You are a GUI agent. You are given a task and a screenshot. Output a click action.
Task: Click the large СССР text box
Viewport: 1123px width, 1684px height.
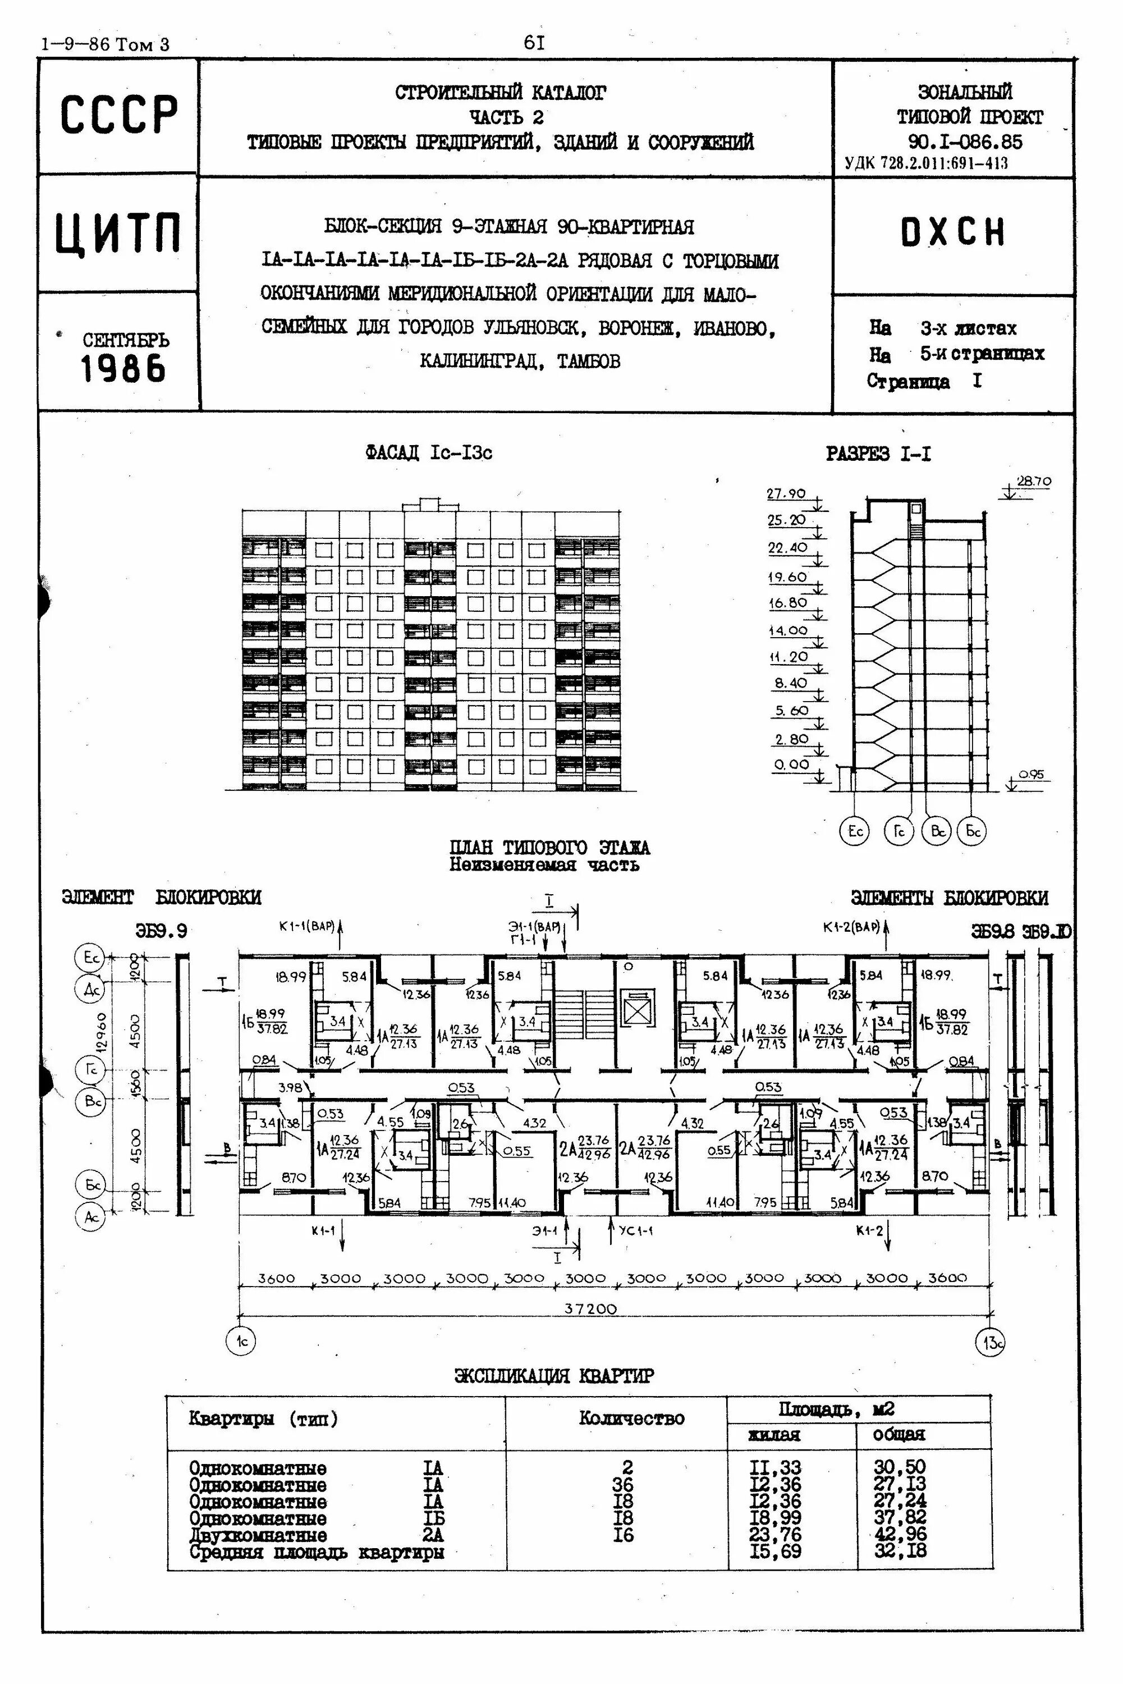(x=118, y=115)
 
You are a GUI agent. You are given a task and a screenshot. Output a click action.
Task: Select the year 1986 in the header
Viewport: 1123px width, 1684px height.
(x=123, y=369)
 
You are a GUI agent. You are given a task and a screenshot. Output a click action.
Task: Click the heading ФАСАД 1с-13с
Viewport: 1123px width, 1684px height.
(x=428, y=452)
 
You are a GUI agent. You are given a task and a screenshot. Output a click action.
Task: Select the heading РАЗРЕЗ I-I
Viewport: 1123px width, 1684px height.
(x=879, y=454)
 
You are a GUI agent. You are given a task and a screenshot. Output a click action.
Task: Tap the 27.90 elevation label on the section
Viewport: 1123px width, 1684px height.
(x=786, y=493)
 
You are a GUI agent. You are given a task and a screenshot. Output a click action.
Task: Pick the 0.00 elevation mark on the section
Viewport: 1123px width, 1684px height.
(x=791, y=765)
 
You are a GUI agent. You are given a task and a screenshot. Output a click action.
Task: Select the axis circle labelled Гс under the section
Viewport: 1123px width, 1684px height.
(x=899, y=831)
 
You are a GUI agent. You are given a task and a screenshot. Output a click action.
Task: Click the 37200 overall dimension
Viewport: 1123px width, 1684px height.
(x=590, y=1308)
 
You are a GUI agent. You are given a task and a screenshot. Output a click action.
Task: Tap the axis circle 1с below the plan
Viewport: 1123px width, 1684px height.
(x=241, y=1341)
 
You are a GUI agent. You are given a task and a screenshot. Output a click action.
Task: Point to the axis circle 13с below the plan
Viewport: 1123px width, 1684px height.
(x=991, y=1342)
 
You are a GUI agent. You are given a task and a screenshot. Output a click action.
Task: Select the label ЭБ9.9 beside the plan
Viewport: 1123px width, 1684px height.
(x=161, y=931)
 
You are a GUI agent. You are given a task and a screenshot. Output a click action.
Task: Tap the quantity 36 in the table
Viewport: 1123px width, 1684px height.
(x=624, y=1485)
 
